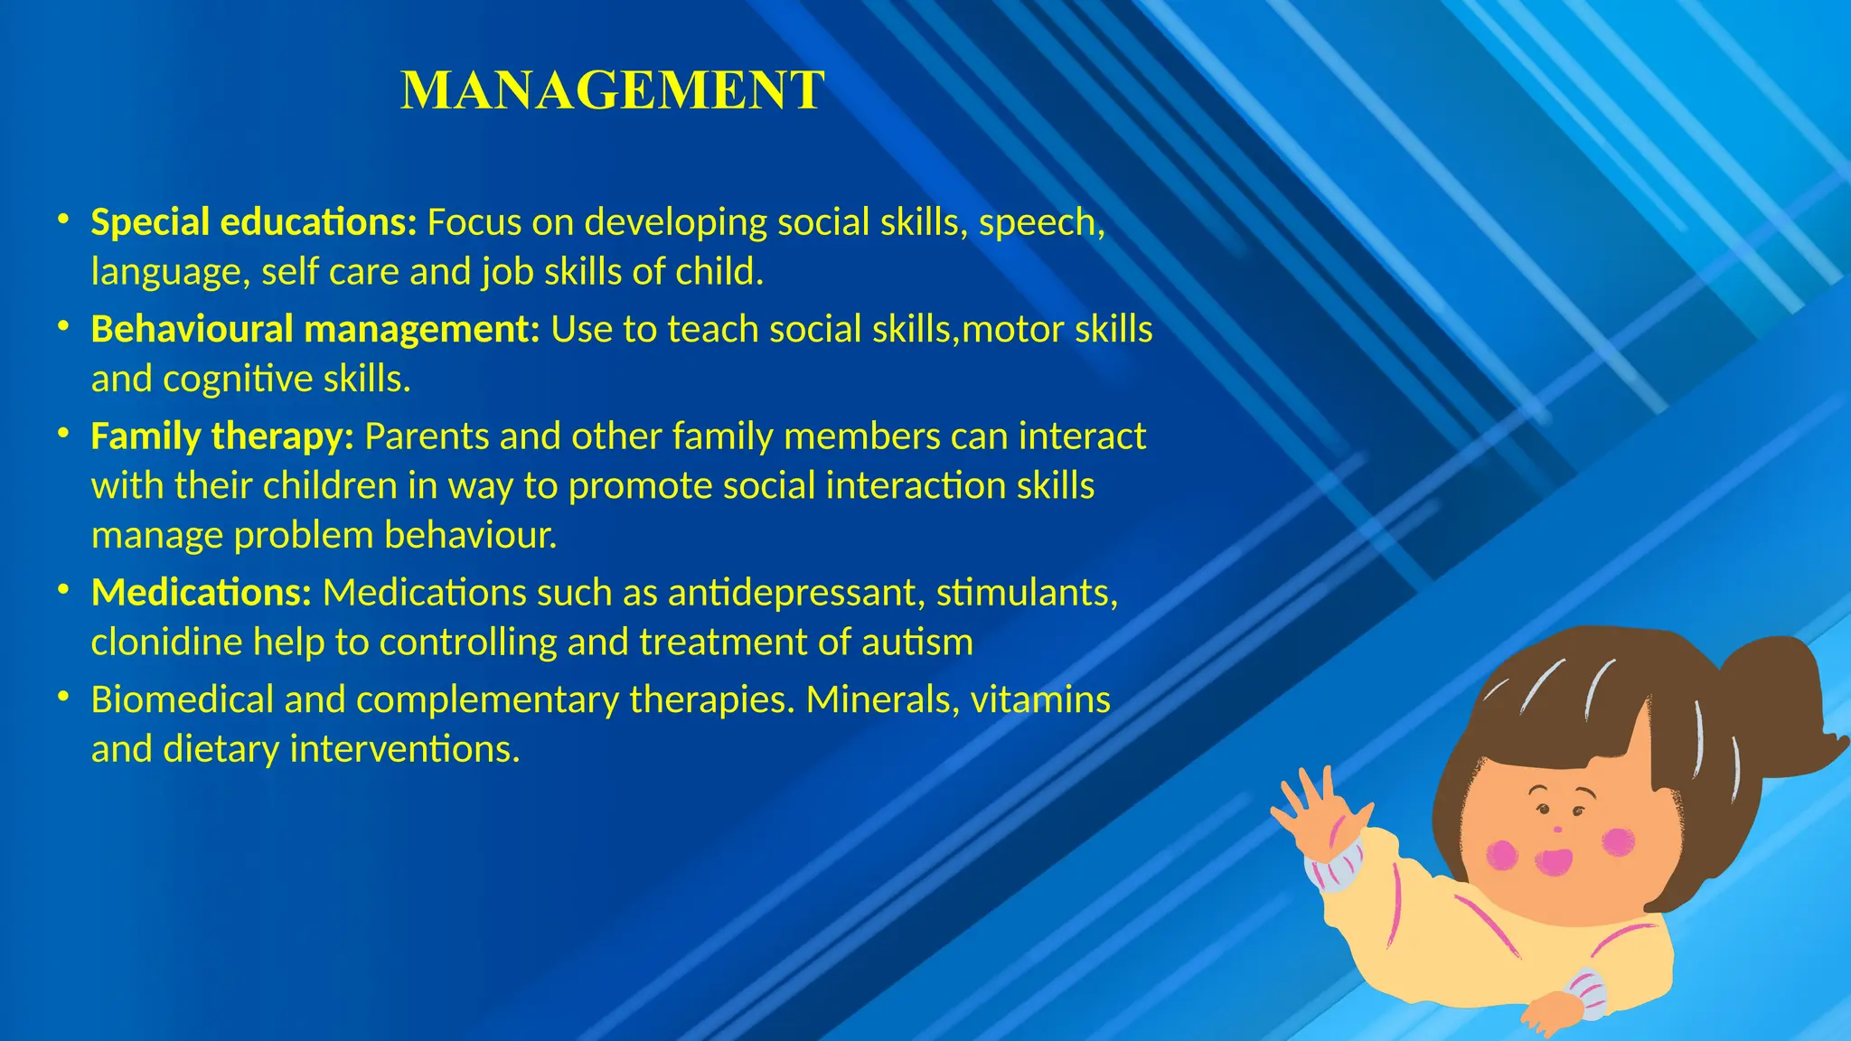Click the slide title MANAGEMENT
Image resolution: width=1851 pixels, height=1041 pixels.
coord(613,90)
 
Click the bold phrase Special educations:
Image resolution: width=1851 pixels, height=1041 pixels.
coord(254,222)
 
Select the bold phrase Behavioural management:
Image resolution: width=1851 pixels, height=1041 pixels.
coord(315,330)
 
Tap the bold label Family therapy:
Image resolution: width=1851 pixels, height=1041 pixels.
coord(222,436)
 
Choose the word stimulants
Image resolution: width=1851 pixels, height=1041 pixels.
coord(1026,593)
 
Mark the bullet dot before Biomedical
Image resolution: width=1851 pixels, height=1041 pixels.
coord(62,697)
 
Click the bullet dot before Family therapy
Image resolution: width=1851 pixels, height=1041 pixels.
coord(62,434)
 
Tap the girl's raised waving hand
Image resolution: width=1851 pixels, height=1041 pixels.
coord(1316,808)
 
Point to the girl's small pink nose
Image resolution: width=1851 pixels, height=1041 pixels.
coord(1556,829)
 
